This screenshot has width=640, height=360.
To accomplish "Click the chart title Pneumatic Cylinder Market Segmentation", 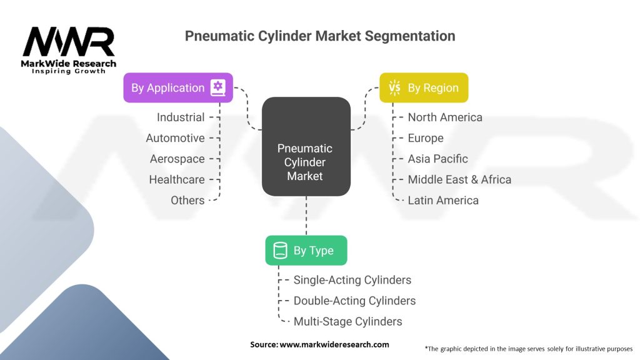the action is pos(319,36).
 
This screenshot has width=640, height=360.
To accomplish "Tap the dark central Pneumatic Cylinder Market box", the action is pos(305,162).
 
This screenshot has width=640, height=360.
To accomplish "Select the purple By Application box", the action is pos(178,87).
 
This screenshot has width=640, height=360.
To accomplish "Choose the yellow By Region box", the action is pos(424,87).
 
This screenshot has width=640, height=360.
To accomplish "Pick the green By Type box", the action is pos(306,251).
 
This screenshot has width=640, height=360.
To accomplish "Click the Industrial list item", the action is pos(181,117).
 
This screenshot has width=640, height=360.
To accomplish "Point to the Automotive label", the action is pos(175,138).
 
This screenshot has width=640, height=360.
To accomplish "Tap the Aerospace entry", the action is pos(177,159).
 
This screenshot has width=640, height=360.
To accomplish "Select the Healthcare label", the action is pos(176,179).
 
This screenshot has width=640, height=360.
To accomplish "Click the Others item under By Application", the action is pos(187,200).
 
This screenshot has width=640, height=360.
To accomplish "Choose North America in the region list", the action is pos(445,117).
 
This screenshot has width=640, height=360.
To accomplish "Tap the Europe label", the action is pos(426,138).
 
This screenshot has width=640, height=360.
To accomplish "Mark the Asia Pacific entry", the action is pos(437,159).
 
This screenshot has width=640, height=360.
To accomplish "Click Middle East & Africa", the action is pos(459,179).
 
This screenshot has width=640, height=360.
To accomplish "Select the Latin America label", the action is pos(443,200).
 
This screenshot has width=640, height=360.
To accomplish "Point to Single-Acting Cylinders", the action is pos(352,280).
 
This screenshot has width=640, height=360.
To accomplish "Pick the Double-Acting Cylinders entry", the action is pos(354,301).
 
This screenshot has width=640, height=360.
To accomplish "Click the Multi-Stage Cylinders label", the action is pos(347,321).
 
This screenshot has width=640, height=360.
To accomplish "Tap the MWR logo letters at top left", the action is pos(69,42).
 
